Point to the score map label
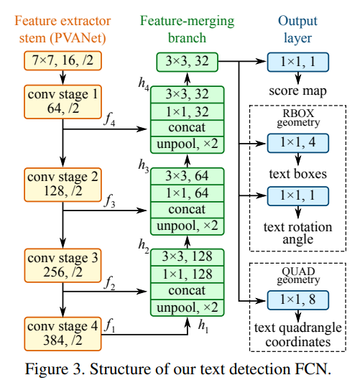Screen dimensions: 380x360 click(296, 92)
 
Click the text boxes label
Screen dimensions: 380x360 click(296, 173)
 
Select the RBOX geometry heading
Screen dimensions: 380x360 click(296, 116)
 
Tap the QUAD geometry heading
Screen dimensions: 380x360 click(296, 275)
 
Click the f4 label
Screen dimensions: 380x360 click(109, 121)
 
